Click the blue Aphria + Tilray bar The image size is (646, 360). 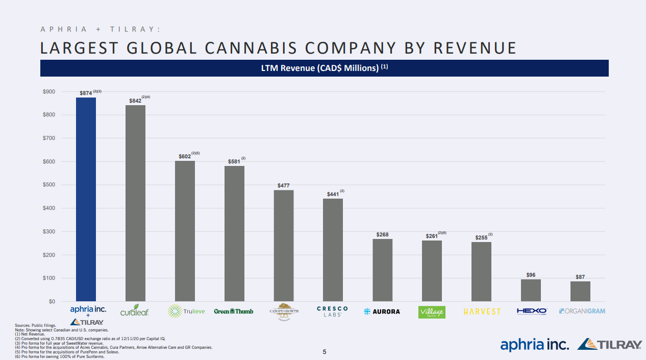86,199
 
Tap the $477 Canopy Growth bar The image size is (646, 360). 284,246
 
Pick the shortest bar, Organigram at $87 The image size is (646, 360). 580,291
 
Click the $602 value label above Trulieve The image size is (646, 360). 184,156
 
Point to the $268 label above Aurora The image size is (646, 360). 382,235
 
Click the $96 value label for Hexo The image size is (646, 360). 531,275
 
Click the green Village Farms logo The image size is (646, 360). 432,311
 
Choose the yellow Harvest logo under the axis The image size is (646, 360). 482,311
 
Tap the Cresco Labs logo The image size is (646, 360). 332,311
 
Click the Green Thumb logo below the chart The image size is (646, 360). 234,311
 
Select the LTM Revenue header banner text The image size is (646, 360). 324,68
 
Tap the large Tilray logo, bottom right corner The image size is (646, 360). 609,345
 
